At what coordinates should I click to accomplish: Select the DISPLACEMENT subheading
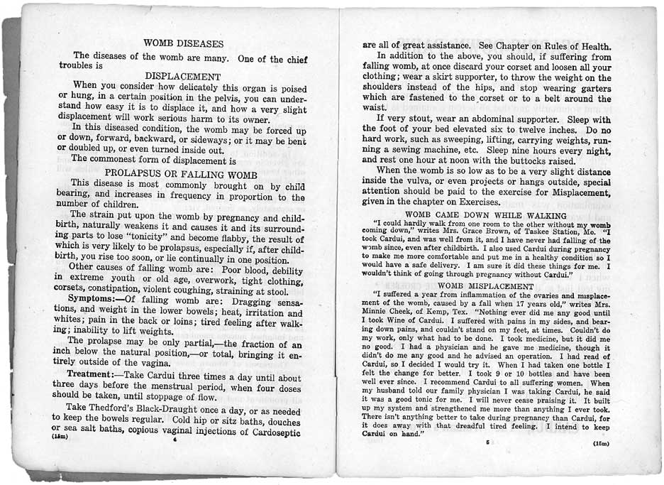click(x=183, y=76)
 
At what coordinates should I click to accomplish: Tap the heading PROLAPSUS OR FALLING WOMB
click(x=184, y=174)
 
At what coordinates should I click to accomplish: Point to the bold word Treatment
click(x=94, y=375)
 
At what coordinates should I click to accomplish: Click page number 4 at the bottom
click(x=174, y=440)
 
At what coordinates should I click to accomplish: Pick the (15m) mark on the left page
click(x=62, y=437)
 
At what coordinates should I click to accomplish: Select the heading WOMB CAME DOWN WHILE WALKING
click(x=486, y=215)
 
